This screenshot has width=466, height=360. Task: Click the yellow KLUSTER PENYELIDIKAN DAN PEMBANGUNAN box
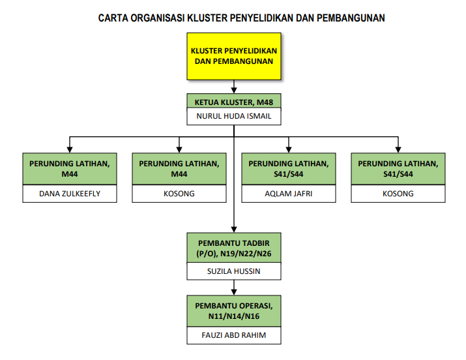234,56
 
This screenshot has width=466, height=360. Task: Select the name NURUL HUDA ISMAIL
234,116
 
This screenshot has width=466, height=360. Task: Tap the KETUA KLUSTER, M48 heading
234,102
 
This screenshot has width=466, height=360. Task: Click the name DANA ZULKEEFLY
70,194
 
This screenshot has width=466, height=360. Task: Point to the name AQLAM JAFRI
289,194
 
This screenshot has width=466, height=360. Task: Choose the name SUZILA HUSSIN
234,271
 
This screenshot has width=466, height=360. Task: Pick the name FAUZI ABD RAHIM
234,335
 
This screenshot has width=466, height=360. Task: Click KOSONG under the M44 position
179,194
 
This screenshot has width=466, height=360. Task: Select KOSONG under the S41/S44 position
398,194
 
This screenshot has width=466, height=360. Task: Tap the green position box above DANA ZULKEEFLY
70,169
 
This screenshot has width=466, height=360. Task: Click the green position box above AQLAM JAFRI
289,169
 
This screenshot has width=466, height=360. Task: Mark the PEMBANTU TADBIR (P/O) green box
234,248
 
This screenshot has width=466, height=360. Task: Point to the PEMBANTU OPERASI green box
234,311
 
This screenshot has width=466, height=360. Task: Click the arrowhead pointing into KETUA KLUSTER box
234,91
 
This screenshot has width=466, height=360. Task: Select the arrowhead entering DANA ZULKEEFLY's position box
70,150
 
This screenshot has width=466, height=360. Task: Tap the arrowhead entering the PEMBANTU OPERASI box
234,292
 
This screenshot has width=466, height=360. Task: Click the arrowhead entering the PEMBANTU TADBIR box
234,230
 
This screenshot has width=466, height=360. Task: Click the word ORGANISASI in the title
158,18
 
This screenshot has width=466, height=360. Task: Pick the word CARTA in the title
113,18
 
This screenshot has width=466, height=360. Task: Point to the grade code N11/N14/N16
234,316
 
